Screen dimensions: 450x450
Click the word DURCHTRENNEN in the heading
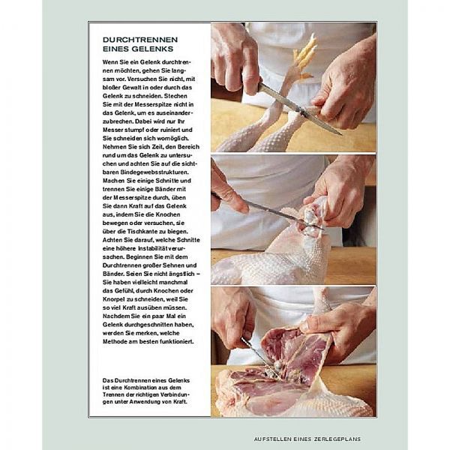tap(140, 40)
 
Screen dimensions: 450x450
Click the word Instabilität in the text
tap(152, 248)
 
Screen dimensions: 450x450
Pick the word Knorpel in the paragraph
tap(114, 299)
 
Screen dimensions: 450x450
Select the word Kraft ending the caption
tap(181, 401)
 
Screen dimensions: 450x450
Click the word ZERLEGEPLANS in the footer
tap(337, 439)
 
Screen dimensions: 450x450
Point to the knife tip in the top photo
tap(341, 134)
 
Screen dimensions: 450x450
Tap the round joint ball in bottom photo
tap(277, 366)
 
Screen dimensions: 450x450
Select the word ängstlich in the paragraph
tap(181, 274)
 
